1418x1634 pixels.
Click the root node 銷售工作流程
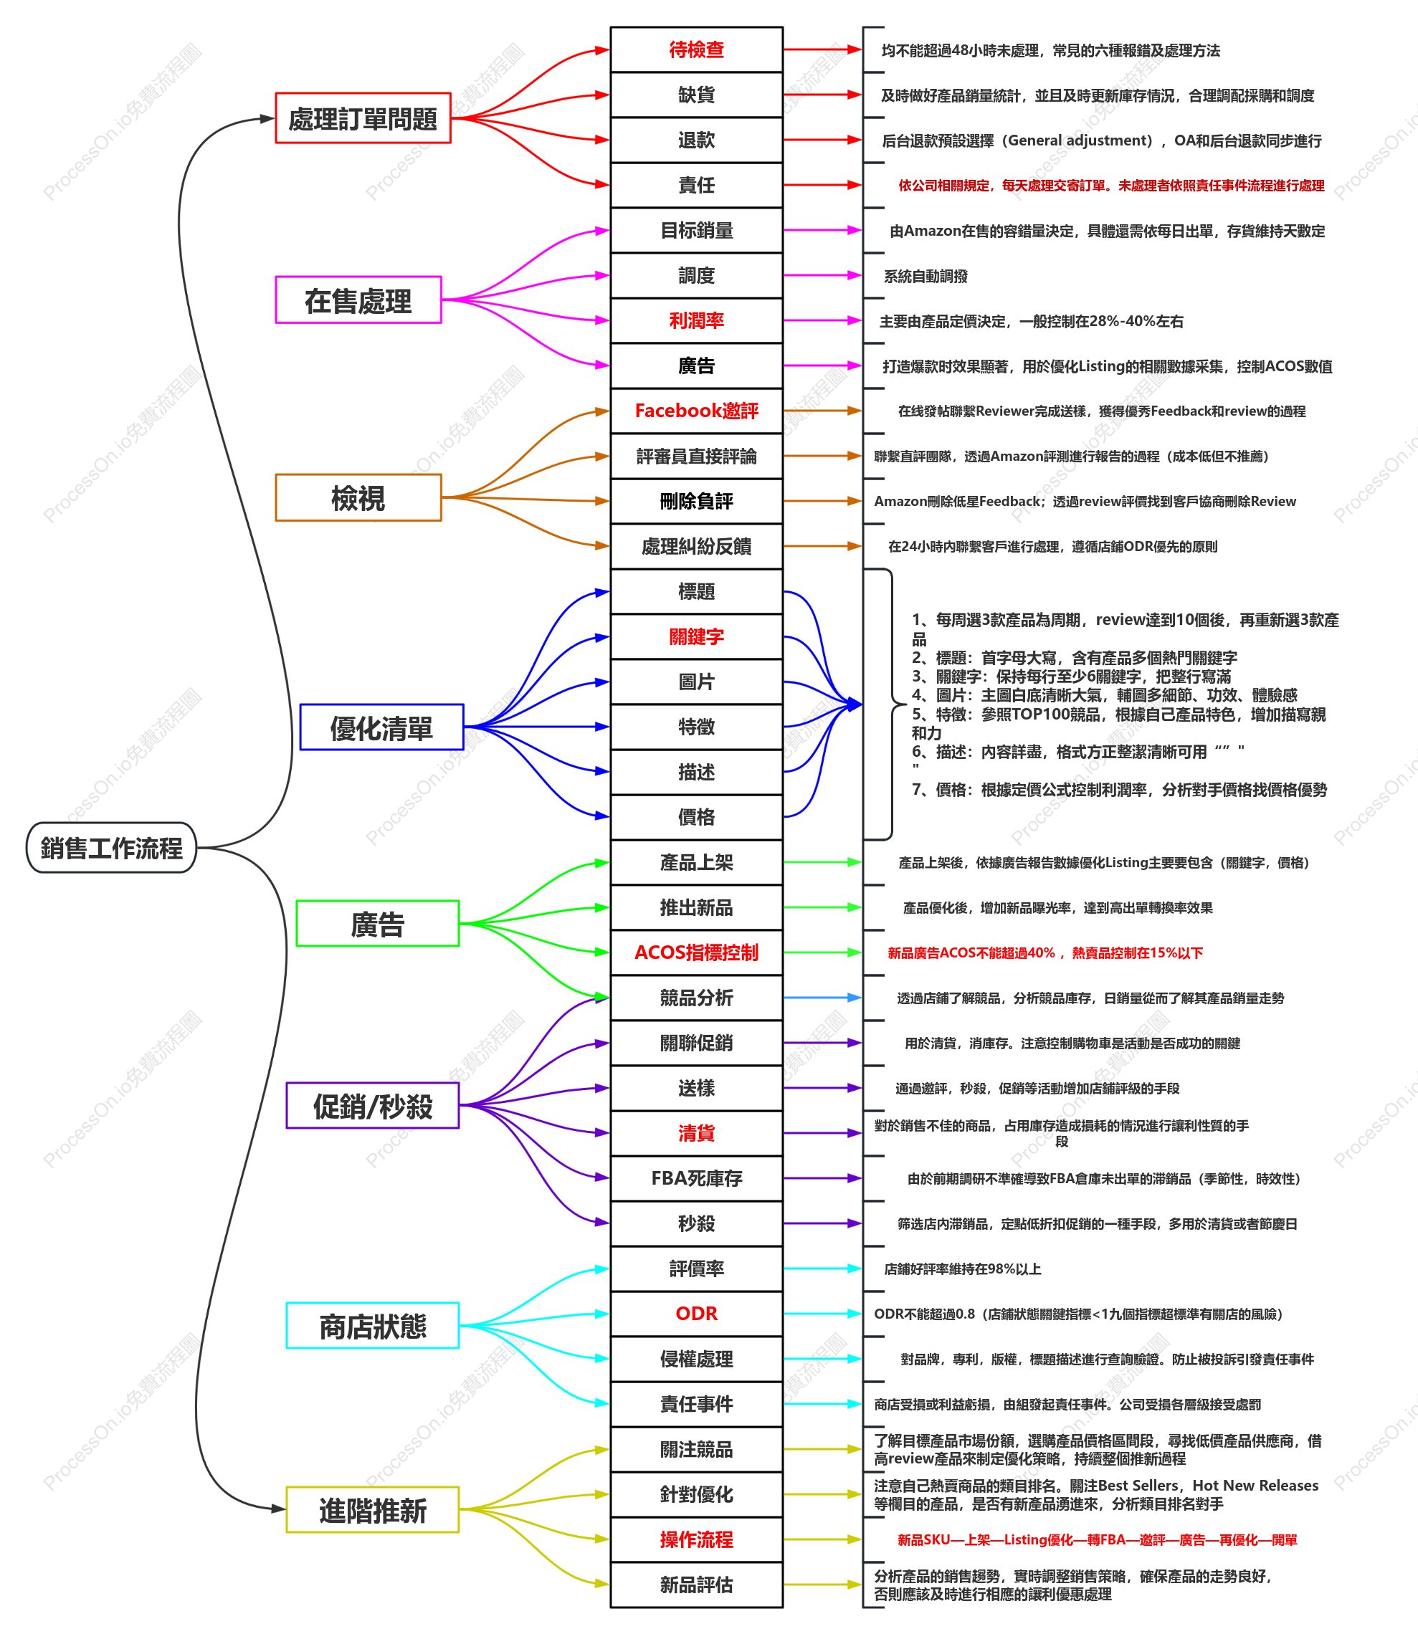click(x=112, y=848)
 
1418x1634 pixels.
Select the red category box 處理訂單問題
click(x=363, y=119)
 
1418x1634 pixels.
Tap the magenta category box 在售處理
click(x=358, y=300)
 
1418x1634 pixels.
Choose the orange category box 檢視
click(x=358, y=497)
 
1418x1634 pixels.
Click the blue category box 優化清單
click(x=381, y=727)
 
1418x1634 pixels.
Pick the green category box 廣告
click(x=378, y=924)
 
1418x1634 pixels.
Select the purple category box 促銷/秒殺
click(x=373, y=1106)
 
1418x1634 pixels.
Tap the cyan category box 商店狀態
click(x=373, y=1326)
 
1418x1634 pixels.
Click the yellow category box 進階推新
click(x=373, y=1510)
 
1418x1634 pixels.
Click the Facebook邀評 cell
click(x=696, y=411)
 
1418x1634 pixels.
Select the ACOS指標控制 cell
click(x=696, y=952)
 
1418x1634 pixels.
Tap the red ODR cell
click(x=696, y=1314)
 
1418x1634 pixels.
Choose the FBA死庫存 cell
click(x=696, y=1178)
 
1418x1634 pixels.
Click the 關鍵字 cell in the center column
click(x=696, y=636)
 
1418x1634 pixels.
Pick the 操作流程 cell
click(x=696, y=1539)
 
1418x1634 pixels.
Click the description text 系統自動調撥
click(x=925, y=276)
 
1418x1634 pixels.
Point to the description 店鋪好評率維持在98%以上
click(x=962, y=1269)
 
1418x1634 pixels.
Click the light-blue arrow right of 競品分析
click(x=823, y=998)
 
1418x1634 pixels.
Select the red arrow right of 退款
click(x=823, y=140)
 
